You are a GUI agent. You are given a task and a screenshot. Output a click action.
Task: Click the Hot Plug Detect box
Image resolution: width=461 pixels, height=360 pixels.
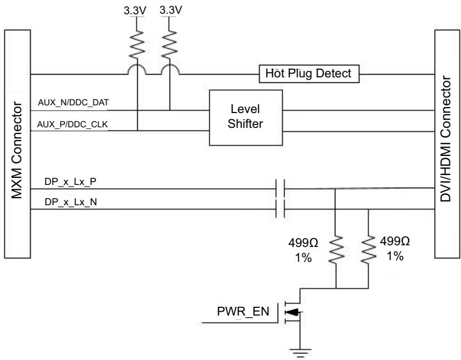click(309, 74)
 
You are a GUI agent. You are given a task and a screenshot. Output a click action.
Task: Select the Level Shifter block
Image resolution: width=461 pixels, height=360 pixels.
click(246, 117)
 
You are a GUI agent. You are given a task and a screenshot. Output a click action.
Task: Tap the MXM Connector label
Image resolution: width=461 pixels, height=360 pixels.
click(17, 150)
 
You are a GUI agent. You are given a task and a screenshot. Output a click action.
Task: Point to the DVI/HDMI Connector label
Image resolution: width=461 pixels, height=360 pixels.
click(446, 139)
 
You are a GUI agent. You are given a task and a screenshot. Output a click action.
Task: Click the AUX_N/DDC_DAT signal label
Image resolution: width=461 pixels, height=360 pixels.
click(74, 102)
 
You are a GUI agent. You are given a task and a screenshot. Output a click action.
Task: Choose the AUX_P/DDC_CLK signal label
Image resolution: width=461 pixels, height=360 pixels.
click(72, 125)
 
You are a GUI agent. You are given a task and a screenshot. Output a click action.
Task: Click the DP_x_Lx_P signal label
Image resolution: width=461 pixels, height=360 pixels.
click(70, 182)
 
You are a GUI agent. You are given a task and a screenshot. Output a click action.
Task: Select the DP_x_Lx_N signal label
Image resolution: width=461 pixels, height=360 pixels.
click(71, 202)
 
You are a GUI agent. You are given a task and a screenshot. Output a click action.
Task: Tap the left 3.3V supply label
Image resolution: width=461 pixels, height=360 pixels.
click(134, 10)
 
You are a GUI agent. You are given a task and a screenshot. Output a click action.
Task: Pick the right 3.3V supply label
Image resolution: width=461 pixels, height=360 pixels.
click(171, 10)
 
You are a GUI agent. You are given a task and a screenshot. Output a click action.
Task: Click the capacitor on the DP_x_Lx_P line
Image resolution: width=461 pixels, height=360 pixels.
click(280, 188)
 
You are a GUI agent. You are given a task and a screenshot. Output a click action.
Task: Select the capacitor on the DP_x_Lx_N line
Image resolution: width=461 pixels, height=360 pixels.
click(280, 209)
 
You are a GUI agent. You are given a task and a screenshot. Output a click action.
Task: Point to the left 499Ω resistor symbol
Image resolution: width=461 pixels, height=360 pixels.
click(335, 249)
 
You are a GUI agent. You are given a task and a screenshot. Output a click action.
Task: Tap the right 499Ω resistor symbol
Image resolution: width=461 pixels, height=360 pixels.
click(368, 249)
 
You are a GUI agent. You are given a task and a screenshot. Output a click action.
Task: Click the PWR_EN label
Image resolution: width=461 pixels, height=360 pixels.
click(243, 312)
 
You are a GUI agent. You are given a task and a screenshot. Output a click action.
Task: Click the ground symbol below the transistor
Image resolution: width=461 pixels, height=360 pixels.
click(300, 353)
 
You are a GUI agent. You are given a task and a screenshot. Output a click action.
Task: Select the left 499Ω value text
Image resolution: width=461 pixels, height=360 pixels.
click(303, 243)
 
